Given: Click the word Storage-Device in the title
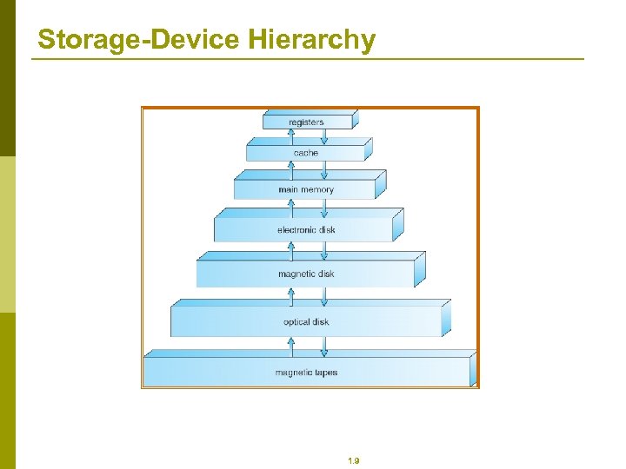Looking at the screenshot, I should (139, 40).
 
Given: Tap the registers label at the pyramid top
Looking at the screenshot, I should (306, 122).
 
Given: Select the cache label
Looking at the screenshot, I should (306, 153).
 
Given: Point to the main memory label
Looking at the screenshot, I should (306, 189).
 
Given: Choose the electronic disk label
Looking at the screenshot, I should (306, 230).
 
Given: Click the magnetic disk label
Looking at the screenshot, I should (306, 274).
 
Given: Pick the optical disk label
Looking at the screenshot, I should (306, 322).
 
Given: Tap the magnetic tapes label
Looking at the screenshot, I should (306, 373).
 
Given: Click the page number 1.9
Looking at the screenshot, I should (353, 461).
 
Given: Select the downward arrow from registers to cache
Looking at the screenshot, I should (324, 136).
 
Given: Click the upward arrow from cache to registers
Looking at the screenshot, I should (291, 136).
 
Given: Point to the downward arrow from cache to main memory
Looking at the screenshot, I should (324, 167).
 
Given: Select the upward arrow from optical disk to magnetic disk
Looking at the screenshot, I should (291, 297).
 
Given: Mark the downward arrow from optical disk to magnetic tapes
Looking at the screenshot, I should (324, 346).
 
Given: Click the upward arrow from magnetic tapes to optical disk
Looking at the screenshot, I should (291, 346).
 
